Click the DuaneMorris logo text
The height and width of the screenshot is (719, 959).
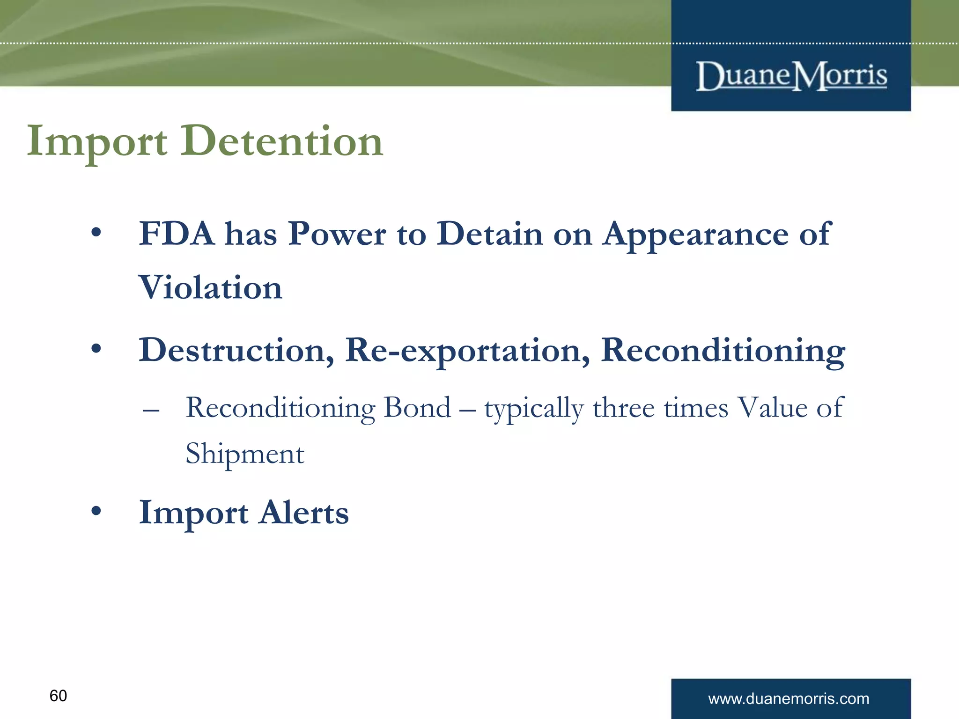click(791, 76)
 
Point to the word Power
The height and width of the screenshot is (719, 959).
click(337, 233)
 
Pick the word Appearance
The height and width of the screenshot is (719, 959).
click(695, 234)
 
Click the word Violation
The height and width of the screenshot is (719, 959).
click(210, 287)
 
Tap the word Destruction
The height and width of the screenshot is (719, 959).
click(236, 350)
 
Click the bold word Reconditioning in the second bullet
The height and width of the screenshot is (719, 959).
click(723, 351)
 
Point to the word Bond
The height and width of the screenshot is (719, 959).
click(417, 407)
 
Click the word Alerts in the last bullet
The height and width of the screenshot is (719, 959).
click(304, 513)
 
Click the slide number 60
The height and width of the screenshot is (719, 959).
click(58, 696)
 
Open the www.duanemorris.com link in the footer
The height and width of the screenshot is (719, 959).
click(789, 698)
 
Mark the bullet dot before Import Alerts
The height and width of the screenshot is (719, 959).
click(96, 511)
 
